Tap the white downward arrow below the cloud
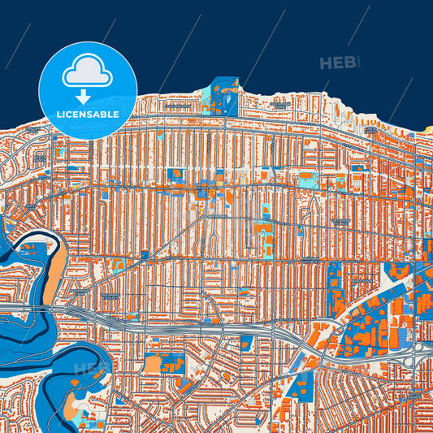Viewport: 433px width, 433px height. (x=88, y=95)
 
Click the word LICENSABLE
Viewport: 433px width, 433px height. (x=88, y=115)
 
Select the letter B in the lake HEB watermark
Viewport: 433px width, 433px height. (x=349, y=63)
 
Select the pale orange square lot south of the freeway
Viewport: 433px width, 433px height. (x=153, y=363)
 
